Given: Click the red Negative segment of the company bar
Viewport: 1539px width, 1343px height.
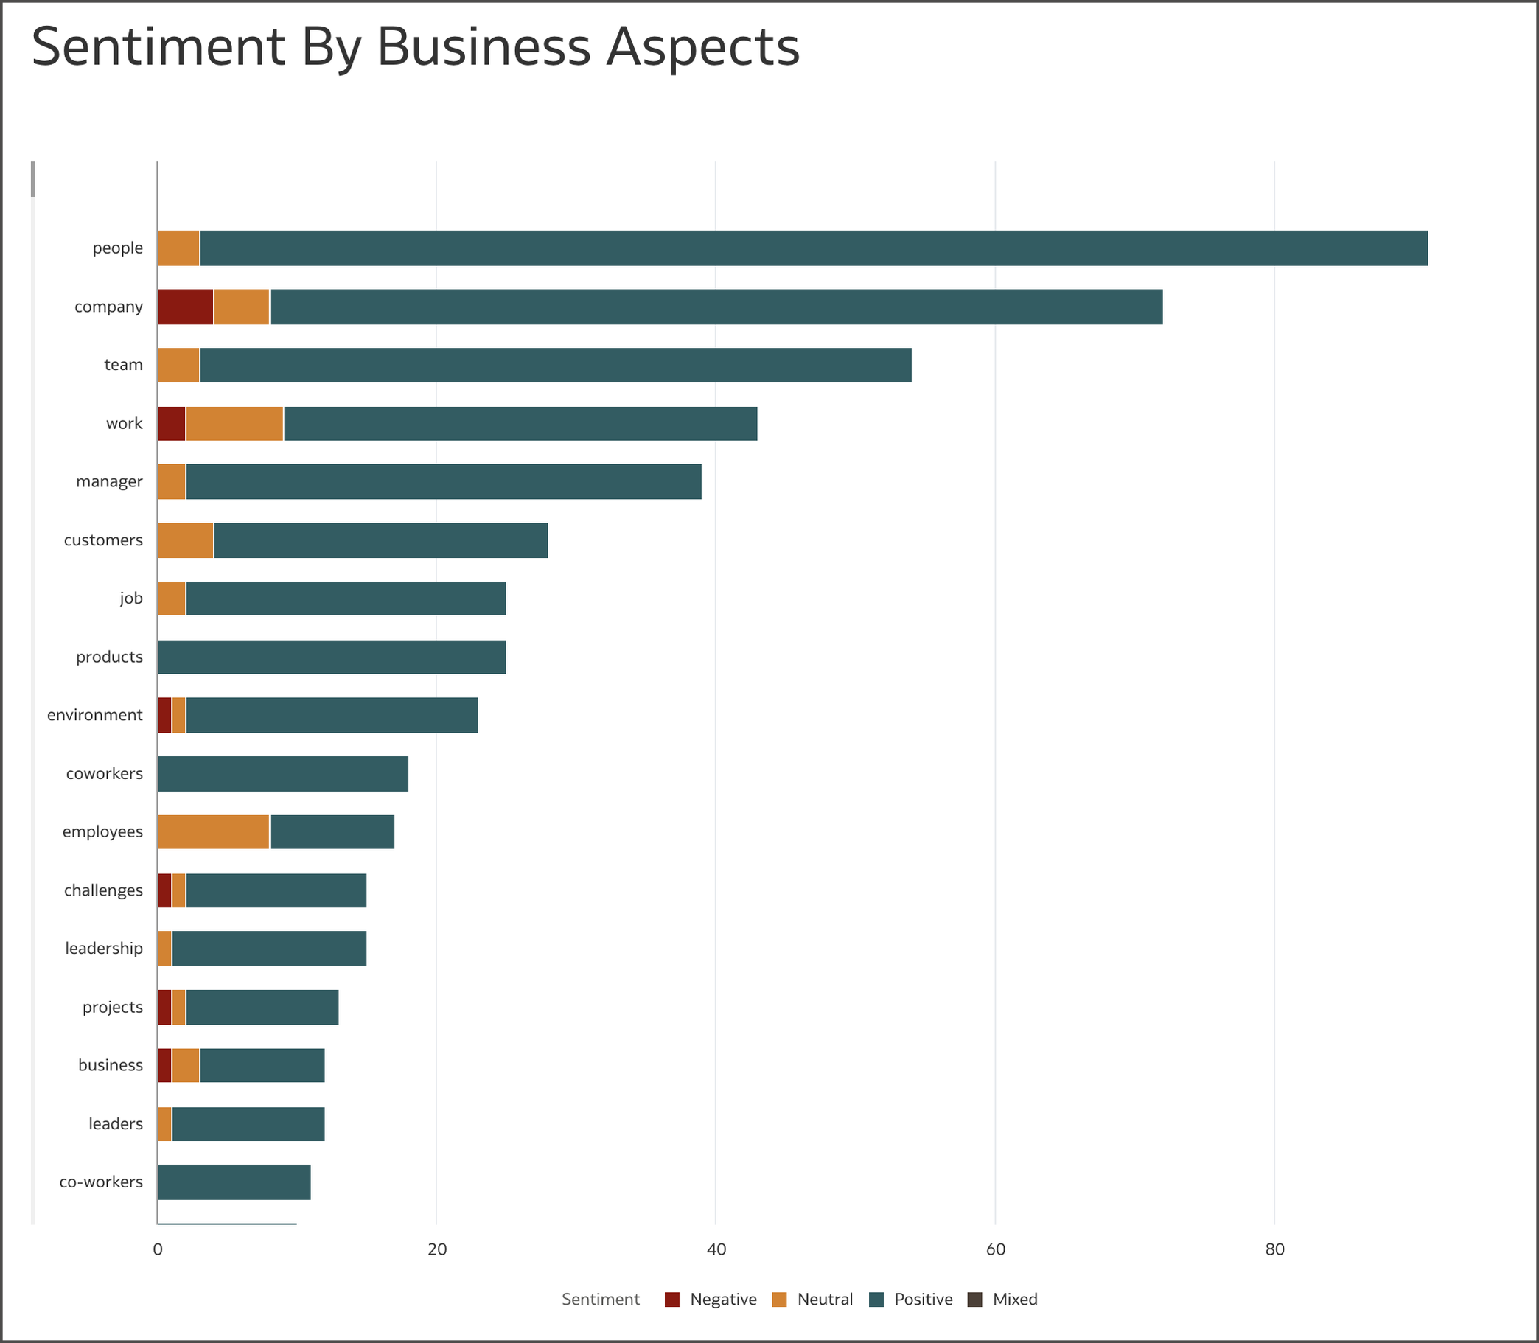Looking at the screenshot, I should pos(185,307).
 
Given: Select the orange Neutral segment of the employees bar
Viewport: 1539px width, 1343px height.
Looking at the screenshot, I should pos(213,832).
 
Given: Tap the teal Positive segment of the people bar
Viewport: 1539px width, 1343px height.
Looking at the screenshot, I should pos(813,248).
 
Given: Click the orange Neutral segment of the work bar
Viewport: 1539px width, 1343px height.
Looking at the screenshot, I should pos(234,423).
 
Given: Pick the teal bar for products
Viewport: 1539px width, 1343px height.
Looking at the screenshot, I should pos(331,657).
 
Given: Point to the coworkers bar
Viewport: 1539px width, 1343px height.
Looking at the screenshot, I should pos(282,773).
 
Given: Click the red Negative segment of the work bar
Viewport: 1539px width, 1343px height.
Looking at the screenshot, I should pos(172,423).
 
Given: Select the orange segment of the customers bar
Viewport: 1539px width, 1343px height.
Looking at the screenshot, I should pos(185,540).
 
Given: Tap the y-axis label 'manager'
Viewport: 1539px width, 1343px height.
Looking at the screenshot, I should pos(109,482).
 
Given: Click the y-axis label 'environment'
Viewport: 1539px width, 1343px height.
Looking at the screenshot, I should pos(94,715).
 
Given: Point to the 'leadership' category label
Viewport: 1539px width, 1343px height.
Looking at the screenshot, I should pos(103,949).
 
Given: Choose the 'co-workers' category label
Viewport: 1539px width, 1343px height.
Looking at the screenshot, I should pos(101,1182).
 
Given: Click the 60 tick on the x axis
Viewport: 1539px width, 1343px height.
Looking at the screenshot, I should pos(995,1249).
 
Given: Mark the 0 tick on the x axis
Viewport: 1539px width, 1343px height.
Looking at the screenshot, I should pos(157,1249).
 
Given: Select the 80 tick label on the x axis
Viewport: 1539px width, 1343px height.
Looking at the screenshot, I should pos(1274,1249).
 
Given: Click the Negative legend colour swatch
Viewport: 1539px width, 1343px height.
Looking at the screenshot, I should pos(672,1300).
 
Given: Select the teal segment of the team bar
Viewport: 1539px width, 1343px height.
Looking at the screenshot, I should pos(555,365).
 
